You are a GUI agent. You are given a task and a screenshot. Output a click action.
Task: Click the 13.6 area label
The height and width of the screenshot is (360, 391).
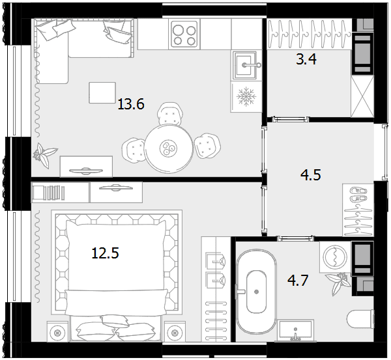131,104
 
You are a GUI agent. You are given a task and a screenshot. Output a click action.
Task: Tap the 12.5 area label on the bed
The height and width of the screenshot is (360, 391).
105,253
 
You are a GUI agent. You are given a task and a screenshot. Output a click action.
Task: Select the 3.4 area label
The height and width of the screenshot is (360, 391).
306,59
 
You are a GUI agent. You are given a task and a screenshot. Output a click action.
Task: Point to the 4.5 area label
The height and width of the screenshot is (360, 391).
311,174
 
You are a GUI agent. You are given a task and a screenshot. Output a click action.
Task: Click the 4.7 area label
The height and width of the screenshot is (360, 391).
298,280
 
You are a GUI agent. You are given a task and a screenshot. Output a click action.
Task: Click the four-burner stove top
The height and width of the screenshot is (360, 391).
184,34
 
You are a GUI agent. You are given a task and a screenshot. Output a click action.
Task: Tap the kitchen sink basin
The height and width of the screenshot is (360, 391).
244,65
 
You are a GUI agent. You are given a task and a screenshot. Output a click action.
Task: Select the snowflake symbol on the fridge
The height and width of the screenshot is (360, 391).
246,96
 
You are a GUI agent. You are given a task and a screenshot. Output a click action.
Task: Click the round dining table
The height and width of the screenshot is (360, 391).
169,148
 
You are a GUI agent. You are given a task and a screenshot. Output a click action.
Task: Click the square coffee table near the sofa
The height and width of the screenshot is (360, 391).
102,92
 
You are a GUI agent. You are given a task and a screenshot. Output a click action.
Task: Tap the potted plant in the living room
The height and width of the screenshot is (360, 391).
44,155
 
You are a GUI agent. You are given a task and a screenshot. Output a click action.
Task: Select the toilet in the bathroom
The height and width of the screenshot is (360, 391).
360,319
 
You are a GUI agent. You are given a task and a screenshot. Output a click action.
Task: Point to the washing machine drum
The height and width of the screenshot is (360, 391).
335,257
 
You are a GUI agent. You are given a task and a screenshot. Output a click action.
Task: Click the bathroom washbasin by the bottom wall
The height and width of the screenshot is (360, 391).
295,330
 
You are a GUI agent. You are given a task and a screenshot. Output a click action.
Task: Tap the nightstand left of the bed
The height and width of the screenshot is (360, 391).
57,331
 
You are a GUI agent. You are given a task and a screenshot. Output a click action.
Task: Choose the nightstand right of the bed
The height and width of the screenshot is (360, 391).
175,331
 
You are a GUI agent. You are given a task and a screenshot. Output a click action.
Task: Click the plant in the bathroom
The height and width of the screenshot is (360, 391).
338,283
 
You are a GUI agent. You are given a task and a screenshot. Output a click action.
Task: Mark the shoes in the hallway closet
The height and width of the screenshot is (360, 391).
358,195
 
